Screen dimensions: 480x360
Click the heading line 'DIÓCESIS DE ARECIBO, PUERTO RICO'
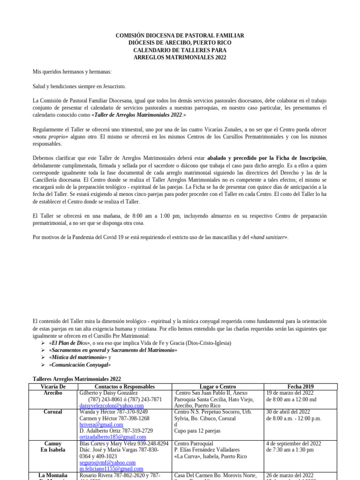click(180, 43)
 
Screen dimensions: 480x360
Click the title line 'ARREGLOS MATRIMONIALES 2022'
click(180, 57)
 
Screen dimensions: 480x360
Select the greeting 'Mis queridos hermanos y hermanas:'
click(72, 72)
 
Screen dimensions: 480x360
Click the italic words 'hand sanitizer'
click(269, 237)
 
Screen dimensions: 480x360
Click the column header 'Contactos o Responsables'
click(124, 386)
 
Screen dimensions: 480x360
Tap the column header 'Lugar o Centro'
click(217, 386)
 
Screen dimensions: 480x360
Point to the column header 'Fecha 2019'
click(296, 386)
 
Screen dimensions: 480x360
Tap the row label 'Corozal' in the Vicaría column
click(52, 412)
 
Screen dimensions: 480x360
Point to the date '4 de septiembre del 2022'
click(293, 443)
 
